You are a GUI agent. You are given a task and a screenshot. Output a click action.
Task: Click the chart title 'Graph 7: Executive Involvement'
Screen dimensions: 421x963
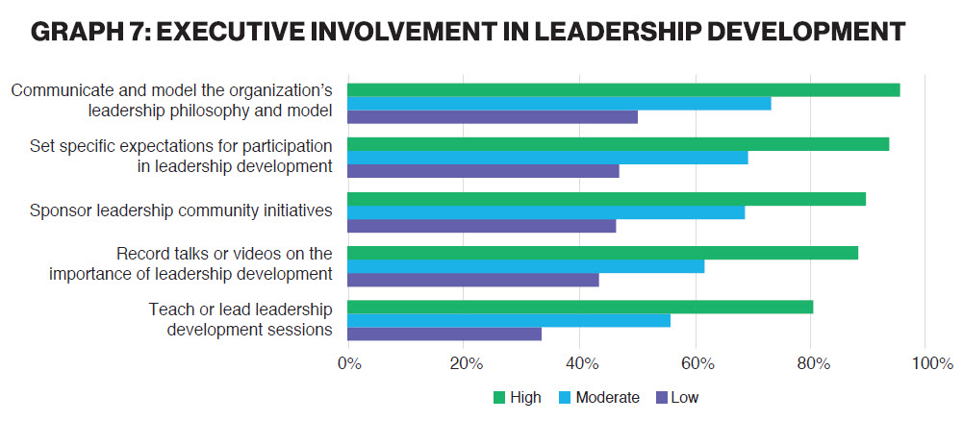tap(468, 32)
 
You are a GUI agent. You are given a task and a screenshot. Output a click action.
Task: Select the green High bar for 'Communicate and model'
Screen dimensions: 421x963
tap(623, 89)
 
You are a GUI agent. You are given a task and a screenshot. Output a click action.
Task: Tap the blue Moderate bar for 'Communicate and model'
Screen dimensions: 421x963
tap(559, 104)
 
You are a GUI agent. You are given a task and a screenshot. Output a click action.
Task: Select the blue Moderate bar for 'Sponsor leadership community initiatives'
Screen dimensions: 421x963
tap(545, 212)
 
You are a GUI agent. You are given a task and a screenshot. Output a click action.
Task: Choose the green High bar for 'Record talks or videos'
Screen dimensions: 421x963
tap(602, 253)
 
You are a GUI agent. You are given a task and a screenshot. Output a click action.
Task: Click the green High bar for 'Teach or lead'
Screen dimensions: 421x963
tap(580, 308)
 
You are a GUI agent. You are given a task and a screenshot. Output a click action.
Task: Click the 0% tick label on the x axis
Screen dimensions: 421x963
tap(348, 364)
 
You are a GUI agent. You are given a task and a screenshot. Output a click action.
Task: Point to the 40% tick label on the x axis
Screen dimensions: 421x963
tap(580, 364)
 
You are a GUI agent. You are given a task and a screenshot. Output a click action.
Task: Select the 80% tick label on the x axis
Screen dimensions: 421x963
tap(812, 364)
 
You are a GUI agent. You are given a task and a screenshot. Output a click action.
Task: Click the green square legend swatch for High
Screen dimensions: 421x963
tap(498, 397)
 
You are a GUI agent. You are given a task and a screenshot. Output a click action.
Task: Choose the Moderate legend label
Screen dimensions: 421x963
tap(607, 397)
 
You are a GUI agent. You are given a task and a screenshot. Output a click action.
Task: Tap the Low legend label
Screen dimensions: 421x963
tap(686, 397)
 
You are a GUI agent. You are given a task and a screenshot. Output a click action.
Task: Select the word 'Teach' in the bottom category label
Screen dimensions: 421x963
tap(169, 310)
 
